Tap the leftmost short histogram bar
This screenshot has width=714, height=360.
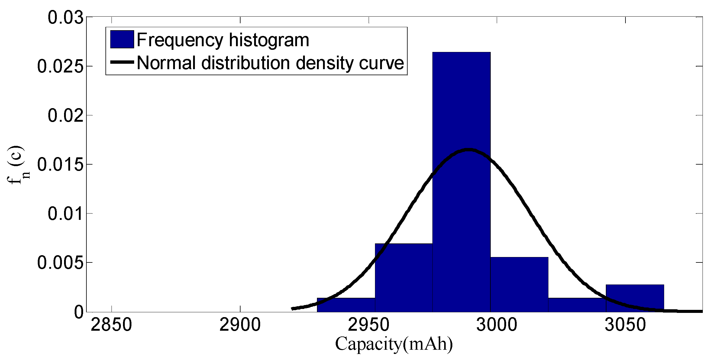point(346,305)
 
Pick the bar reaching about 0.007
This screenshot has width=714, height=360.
point(403,278)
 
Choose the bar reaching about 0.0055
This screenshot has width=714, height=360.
point(519,284)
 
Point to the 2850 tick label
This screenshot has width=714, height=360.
point(111,325)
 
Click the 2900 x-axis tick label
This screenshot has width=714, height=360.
point(240,325)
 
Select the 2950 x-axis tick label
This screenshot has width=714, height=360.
point(369,325)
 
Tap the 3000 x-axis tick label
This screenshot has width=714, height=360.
point(497,325)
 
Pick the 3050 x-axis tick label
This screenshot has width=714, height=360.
point(625,325)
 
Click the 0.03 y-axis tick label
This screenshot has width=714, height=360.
point(66,18)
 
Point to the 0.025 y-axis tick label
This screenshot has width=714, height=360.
point(60,66)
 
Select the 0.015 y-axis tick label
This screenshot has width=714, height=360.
point(60,165)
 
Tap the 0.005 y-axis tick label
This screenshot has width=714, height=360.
point(60,263)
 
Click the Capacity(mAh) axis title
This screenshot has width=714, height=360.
point(394,344)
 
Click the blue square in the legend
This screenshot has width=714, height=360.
point(122,39)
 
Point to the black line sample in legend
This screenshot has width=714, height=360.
point(122,62)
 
